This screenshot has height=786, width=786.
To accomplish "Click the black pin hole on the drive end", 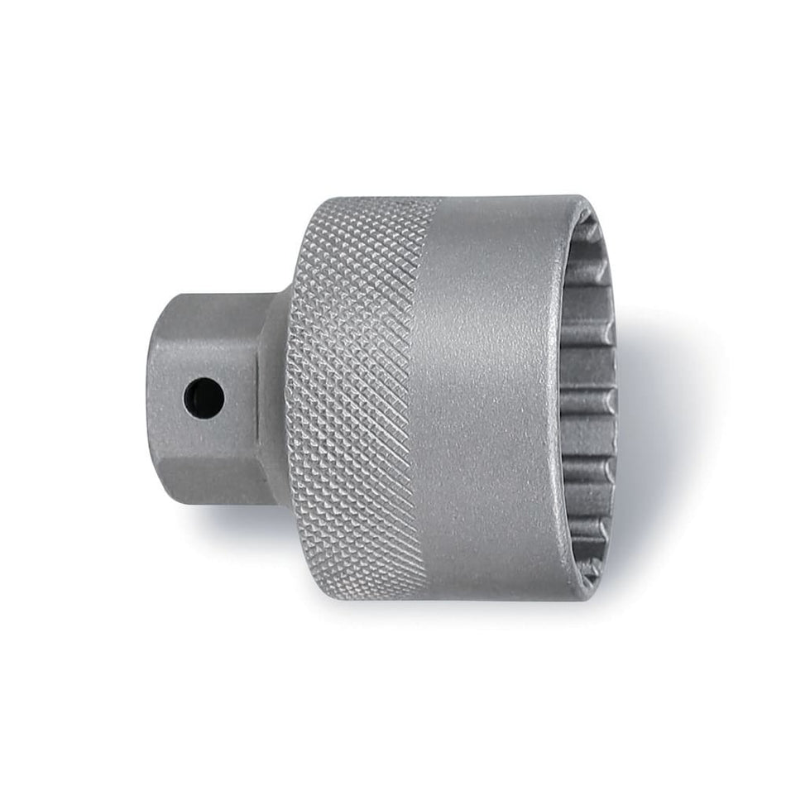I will coord(204,398).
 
